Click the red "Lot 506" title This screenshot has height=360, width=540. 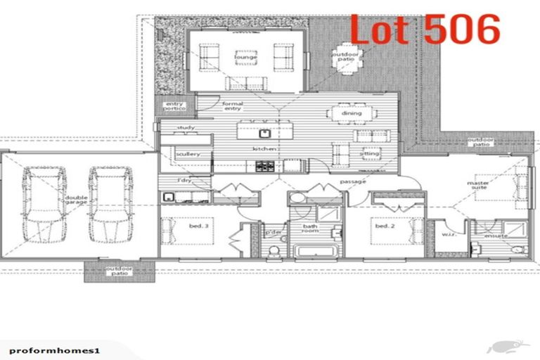[x=425, y=30]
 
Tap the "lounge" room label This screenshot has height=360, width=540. [x=245, y=57]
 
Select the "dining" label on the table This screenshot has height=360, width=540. [x=351, y=113]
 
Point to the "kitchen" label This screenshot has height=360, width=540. [x=264, y=149]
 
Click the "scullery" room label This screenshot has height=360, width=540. [x=188, y=153]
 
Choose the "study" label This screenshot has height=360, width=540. [x=186, y=127]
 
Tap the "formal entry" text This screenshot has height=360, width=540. [x=232, y=106]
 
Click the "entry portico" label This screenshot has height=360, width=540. [x=174, y=107]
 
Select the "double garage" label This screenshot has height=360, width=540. [x=77, y=200]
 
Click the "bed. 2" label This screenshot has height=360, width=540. [x=382, y=226]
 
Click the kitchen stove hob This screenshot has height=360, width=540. [x=265, y=166]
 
